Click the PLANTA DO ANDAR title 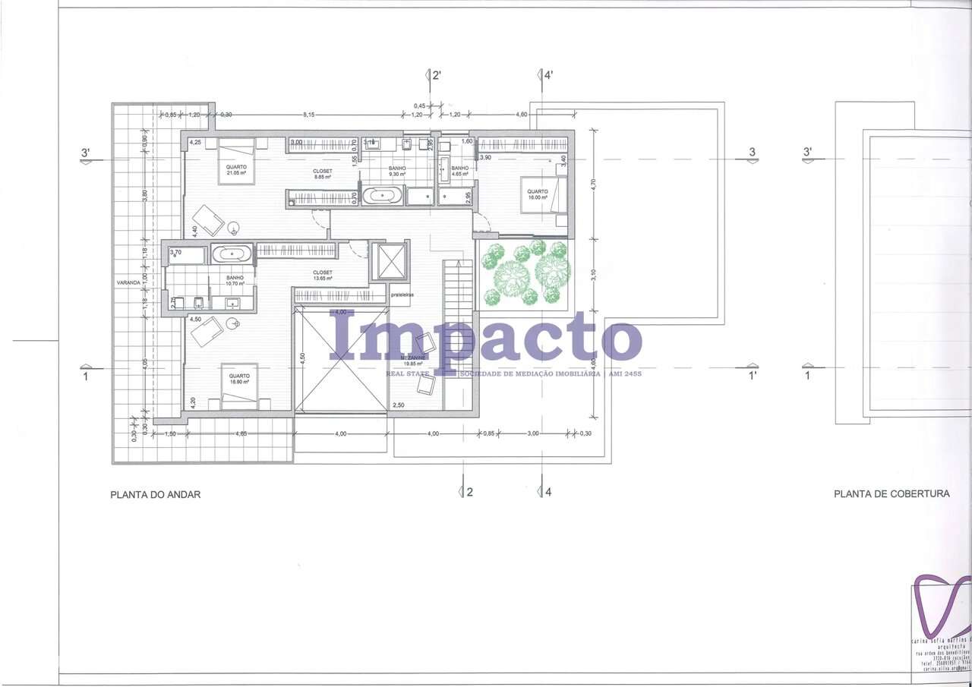[156, 494]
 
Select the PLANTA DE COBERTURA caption [892, 493]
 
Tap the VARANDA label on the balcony [127, 282]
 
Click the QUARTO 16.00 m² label [538, 194]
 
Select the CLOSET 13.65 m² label [322, 276]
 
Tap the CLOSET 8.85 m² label [323, 174]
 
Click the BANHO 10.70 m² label [235, 281]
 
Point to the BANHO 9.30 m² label [396, 171]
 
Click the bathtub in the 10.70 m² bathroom [232, 254]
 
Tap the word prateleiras [402, 295]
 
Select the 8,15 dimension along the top [309, 115]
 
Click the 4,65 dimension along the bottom [241, 433]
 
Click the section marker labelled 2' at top [435, 75]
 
